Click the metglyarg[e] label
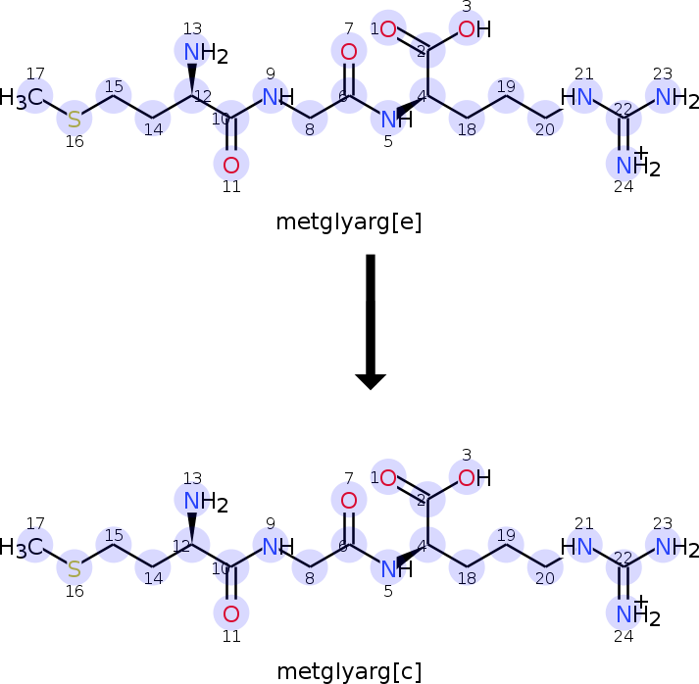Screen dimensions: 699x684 [349, 221]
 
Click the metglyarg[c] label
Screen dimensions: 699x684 [349, 671]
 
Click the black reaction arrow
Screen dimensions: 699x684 [371, 321]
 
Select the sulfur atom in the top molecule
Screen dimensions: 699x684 [75, 120]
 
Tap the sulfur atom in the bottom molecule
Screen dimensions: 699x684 [75, 568]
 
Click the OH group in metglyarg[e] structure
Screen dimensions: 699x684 [474, 29]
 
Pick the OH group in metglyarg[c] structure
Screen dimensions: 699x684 [474, 478]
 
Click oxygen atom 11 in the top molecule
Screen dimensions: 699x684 [231, 166]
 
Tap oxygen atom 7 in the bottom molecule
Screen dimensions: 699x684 [349, 501]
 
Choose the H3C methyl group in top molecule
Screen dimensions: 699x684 [22, 98]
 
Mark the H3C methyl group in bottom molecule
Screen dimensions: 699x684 [22, 547]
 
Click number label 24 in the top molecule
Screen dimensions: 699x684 [624, 187]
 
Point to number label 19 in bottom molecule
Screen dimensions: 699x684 [506, 535]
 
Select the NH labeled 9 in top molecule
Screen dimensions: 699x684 [278, 97]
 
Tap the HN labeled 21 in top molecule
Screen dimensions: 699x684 [575, 97]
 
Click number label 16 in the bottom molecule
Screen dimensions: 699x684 [75, 591]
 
